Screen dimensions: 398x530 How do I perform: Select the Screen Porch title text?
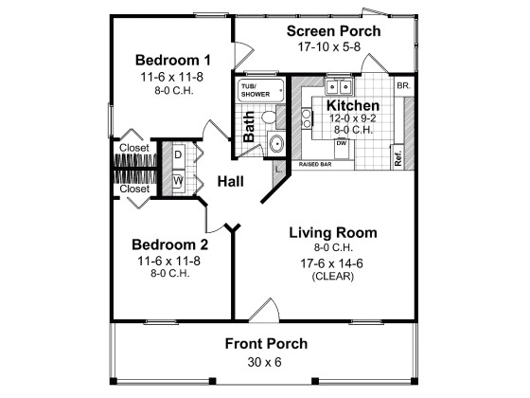[x=334, y=31]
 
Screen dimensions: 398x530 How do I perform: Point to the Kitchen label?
[x=354, y=105]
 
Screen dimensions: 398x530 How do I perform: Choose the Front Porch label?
[x=266, y=343]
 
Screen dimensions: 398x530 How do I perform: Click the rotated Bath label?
[x=250, y=126]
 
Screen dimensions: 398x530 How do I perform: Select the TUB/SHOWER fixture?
[x=255, y=89]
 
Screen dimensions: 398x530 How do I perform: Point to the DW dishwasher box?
[x=341, y=143]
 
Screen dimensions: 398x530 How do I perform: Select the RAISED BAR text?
[x=315, y=165]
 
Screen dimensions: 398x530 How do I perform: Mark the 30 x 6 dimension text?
[x=266, y=362]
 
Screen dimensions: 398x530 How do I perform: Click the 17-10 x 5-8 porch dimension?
[x=334, y=47]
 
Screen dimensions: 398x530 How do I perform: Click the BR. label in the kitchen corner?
[x=401, y=84]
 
